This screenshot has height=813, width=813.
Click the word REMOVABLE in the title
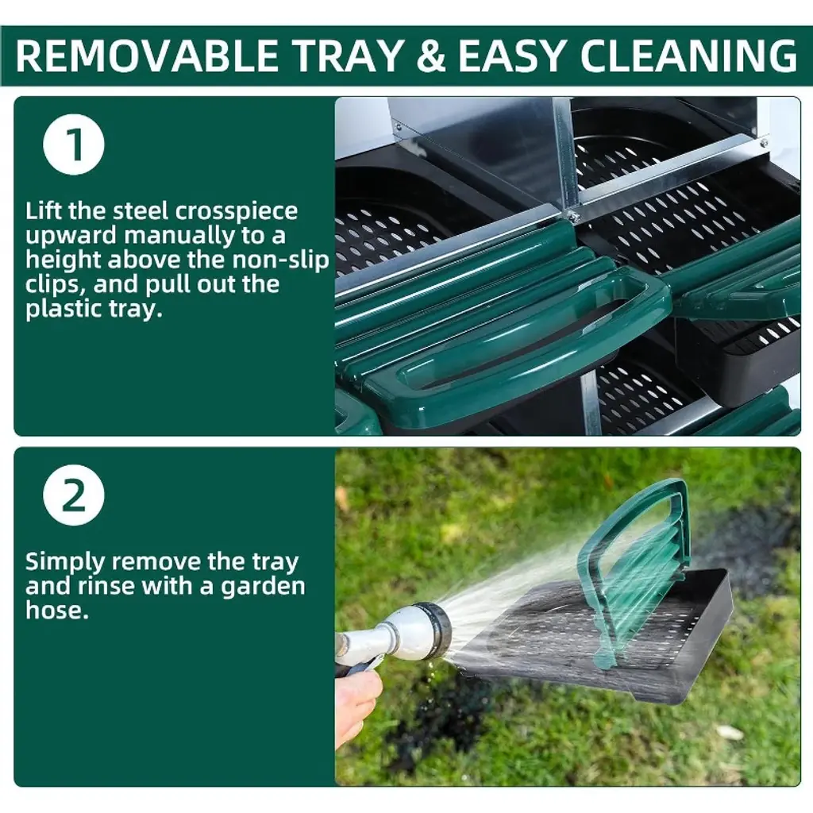pos(148,56)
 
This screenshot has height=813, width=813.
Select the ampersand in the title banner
pos(431,56)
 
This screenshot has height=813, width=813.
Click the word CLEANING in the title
pos(688,56)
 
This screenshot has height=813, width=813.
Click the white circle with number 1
pos(74,144)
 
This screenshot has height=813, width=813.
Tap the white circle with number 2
pos(74,495)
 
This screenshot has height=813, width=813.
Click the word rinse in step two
pos(166,587)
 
